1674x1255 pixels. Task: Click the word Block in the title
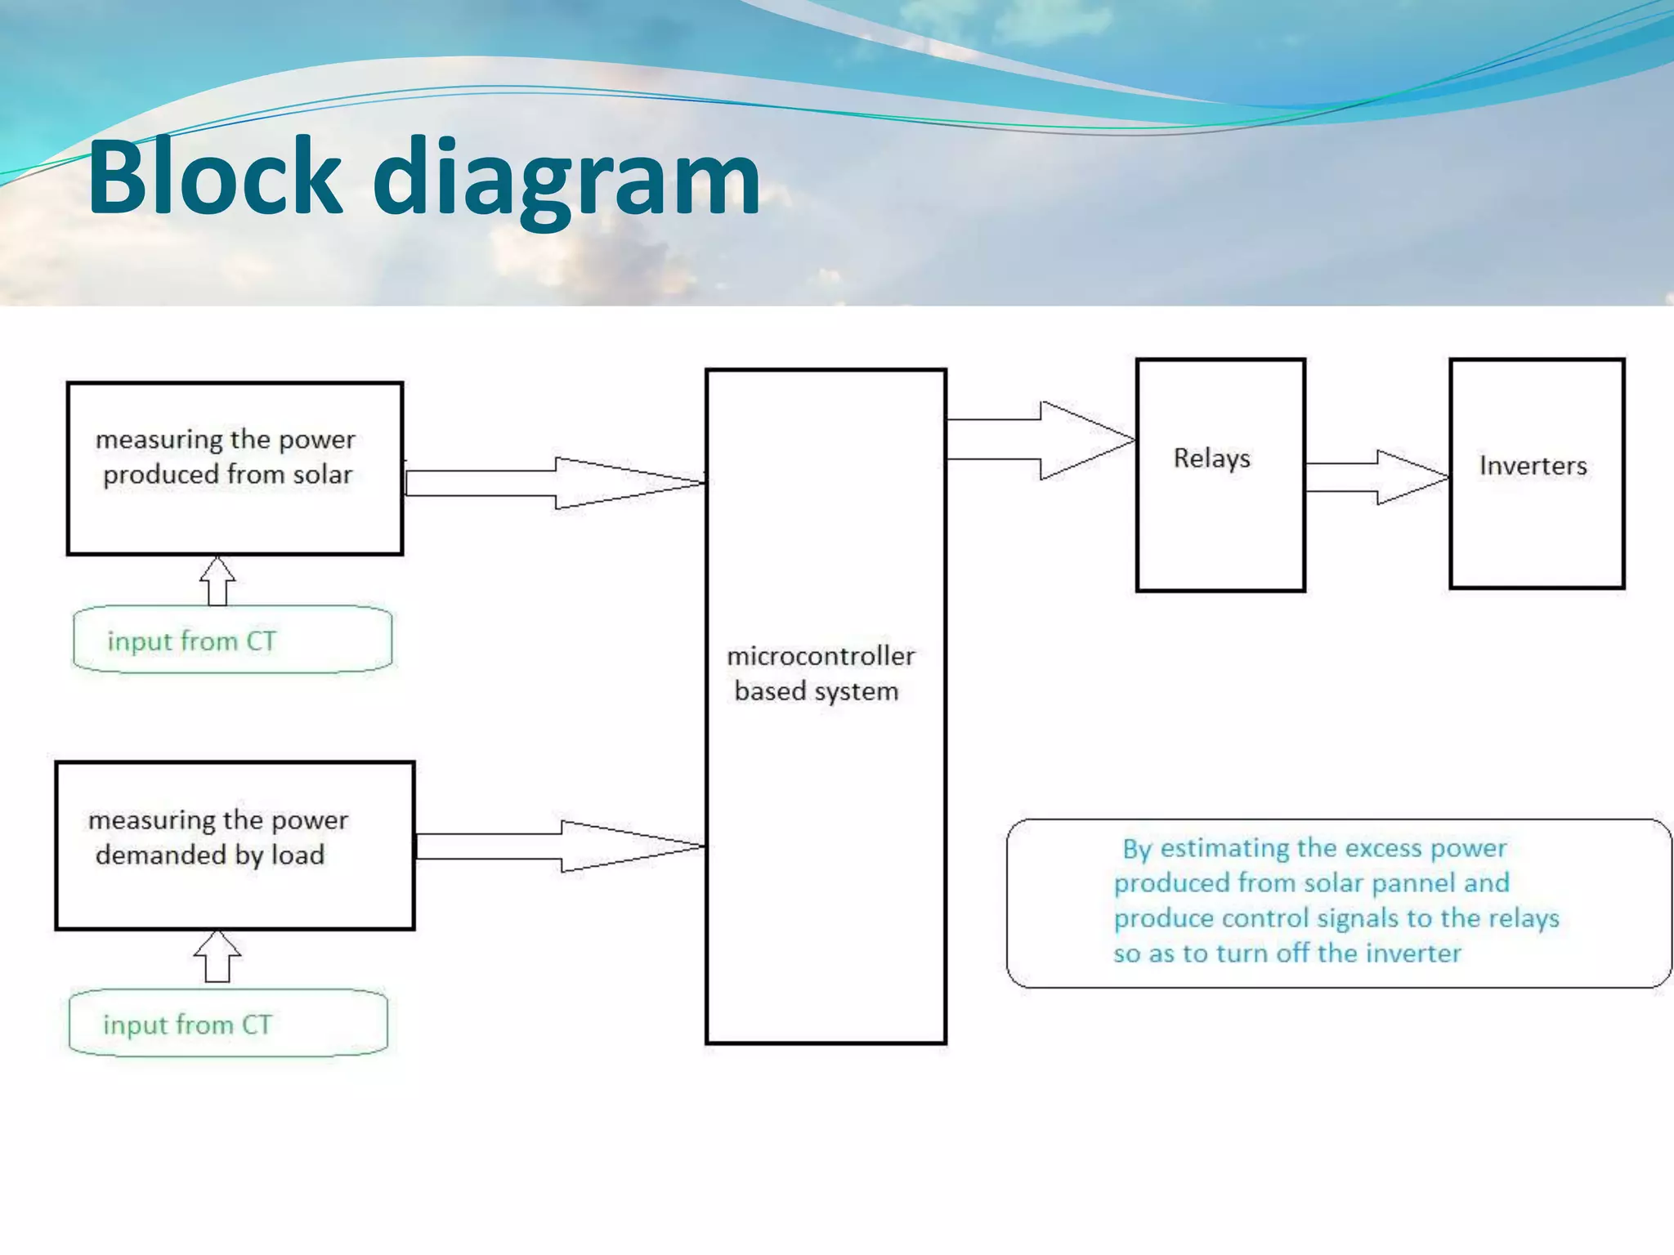(214, 177)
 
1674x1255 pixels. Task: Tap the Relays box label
(1211, 458)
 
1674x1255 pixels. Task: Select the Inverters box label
(1533, 466)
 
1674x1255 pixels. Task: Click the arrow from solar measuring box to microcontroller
(556, 483)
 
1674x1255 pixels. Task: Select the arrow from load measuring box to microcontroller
(561, 846)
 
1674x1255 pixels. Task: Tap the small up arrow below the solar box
(217, 581)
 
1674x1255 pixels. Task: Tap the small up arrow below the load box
(217, 956)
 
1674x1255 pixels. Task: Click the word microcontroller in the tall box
(821, 656)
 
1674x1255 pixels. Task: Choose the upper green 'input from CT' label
(192, 641)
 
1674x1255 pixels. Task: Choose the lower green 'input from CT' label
(187, 1025)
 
